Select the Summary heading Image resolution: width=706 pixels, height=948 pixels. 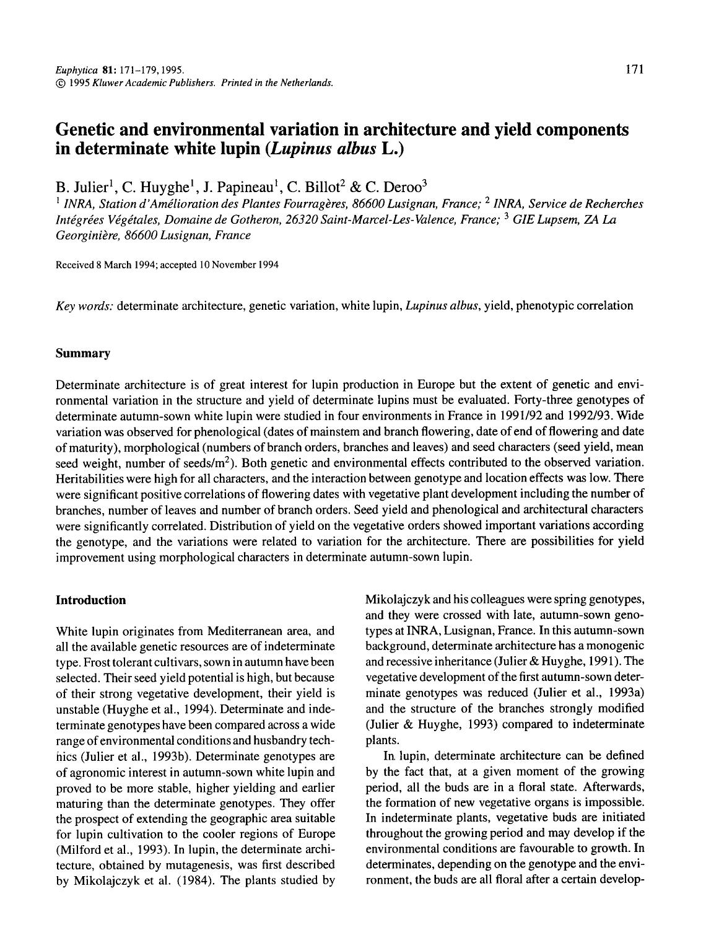82,353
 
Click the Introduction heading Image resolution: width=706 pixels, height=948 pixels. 90,600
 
